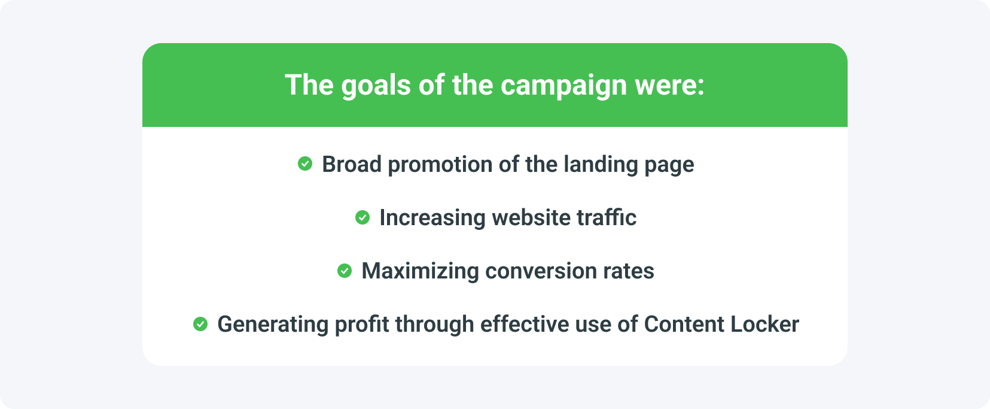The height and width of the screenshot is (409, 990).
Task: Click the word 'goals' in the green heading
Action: click(x=376, y=86)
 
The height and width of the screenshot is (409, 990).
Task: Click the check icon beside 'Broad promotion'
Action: click(x=305, y=163)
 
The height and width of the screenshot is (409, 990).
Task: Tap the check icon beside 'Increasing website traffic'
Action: click(x=363, y=217)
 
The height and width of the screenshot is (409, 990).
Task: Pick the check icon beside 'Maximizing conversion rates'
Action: click(x=345, y=271)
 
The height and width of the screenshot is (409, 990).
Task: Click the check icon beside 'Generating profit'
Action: click(x=200, y=324)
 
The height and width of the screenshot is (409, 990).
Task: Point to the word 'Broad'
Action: click(x=351, y=164)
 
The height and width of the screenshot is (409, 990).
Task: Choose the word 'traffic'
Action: click(x=606, y=217)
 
